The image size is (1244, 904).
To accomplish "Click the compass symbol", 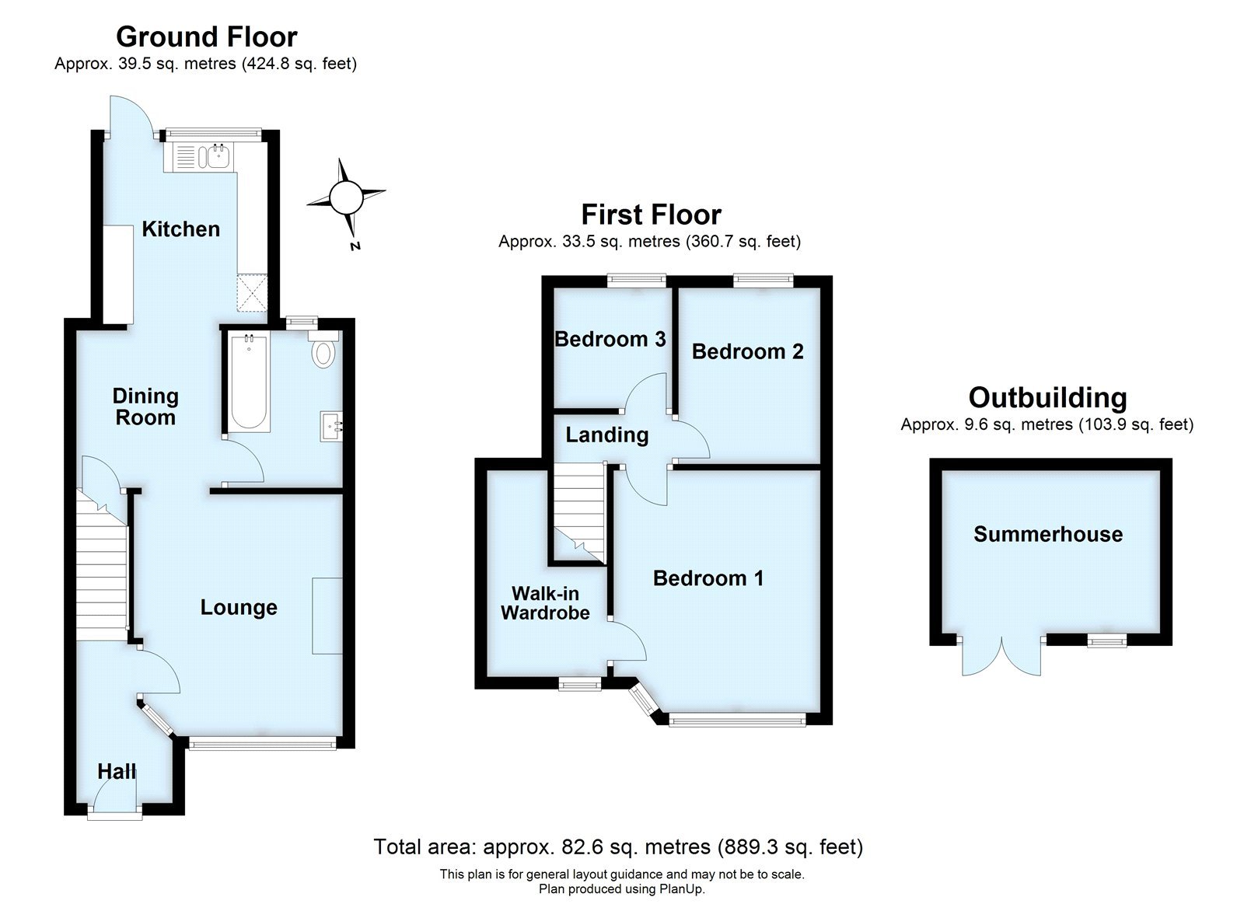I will tap(346, 197).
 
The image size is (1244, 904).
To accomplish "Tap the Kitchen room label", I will tap(180, 229).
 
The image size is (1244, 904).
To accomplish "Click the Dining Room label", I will tap(145, 407).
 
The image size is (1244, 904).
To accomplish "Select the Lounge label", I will tap(239, 608).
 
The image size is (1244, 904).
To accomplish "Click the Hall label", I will tap(117, 772).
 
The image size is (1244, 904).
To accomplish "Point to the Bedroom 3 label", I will tap(610, 339).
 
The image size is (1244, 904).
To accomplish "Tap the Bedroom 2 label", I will tap(747, 352).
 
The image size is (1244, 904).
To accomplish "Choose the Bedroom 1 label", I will tap(708, 578).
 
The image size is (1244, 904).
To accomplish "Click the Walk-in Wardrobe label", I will tap(545, 603).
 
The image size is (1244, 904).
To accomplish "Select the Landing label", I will tap(606, 435).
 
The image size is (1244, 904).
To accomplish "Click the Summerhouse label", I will tap(1048, 534).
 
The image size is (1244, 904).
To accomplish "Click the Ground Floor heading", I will tap(206, 37).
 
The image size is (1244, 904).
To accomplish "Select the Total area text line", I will tap(618, 846).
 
